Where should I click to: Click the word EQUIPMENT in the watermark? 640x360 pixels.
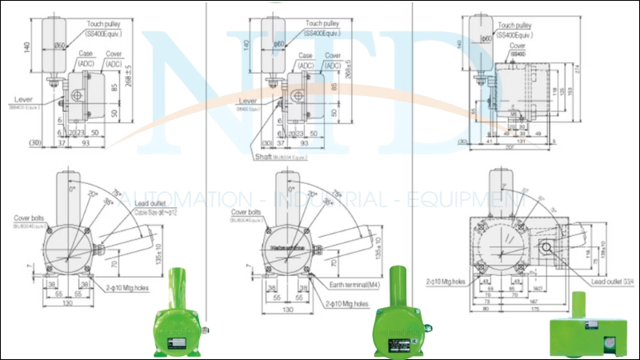click(x=456, y=198)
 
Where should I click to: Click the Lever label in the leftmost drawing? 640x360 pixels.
click(x=23, y=99)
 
